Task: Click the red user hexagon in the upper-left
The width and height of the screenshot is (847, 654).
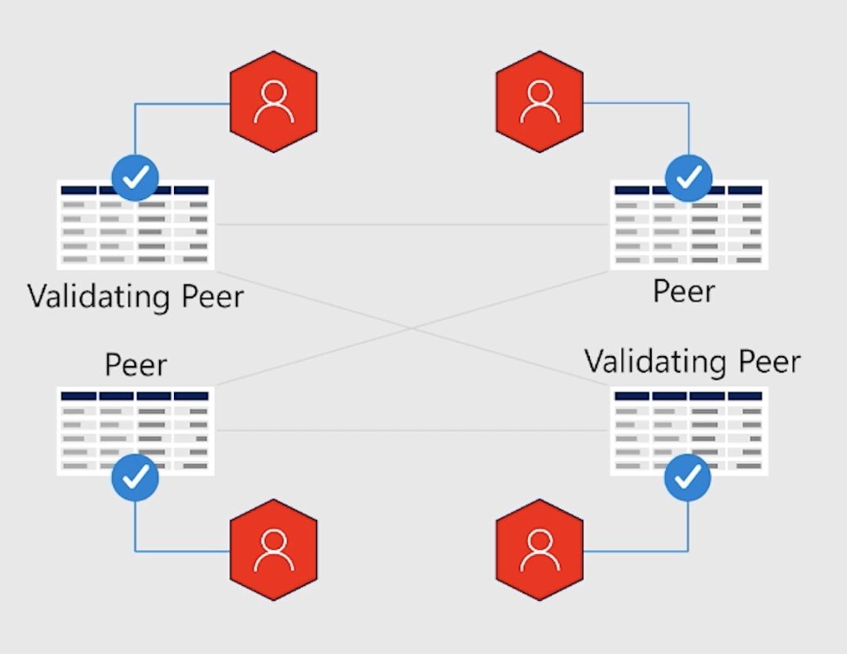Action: click(x=273, y=102)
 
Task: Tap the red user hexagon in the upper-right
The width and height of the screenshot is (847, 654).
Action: click(x=540, y=102)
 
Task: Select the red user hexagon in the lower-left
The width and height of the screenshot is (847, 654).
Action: click(x=273, y=550)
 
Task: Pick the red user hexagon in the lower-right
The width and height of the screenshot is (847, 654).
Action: click(x=540, y=550)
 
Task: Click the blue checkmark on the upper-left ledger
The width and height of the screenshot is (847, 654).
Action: click(x=135, y=178)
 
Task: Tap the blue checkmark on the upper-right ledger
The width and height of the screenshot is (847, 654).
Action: click(x=689, y=178)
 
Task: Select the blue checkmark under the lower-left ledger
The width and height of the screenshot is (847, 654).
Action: click(x=135, y=477)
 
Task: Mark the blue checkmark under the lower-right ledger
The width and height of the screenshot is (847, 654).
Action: click(x=688, y=477)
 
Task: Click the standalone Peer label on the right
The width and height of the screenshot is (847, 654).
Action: click(x=684, y=292)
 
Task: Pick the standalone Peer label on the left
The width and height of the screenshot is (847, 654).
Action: click(x=136, y=365)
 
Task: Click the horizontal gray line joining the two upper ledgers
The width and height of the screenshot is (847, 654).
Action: click(x=412, y=225)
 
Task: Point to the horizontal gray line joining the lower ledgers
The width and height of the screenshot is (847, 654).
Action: click(x=412, y=431)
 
